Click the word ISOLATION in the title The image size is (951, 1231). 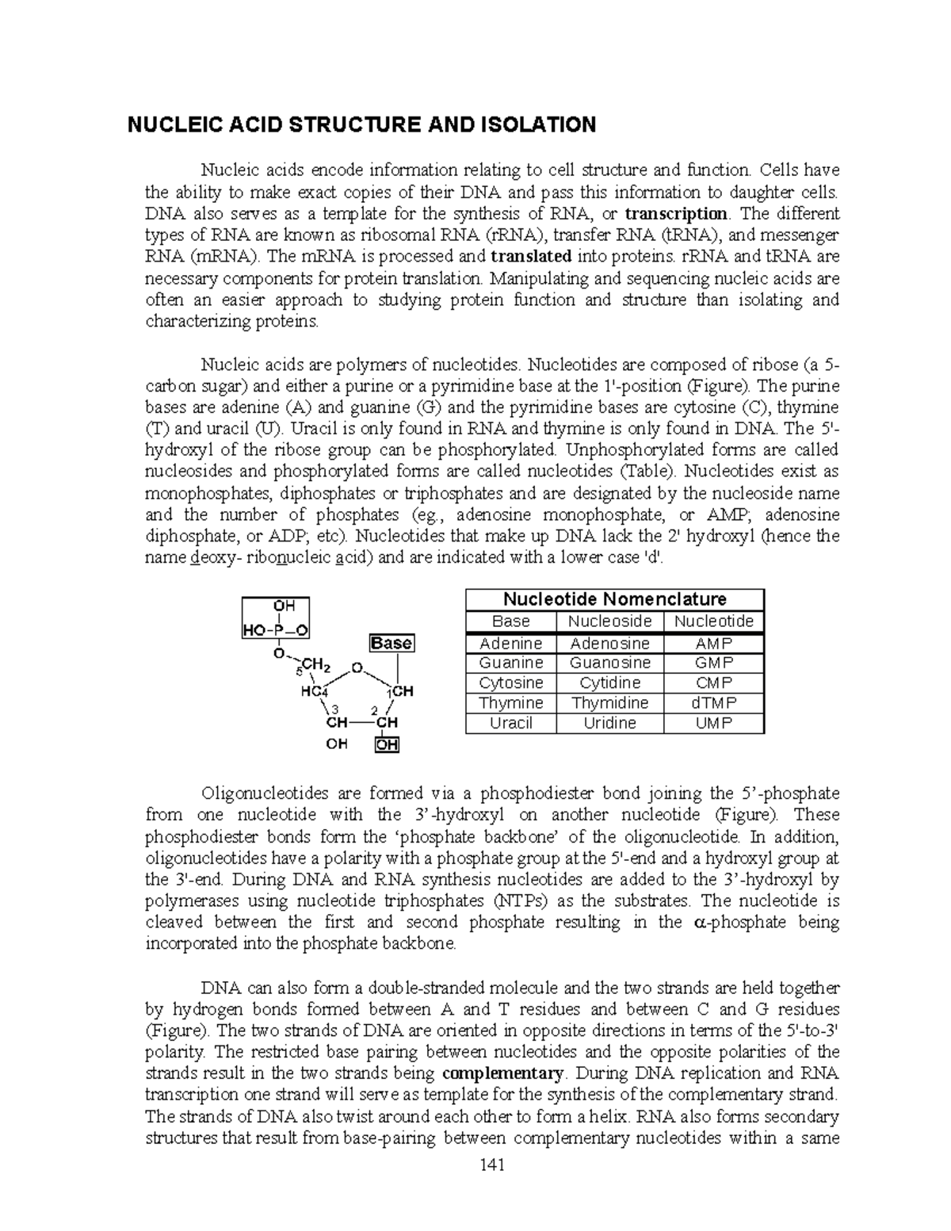(538, 124)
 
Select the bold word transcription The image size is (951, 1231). (676, 214)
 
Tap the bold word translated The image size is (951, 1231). (531, 257)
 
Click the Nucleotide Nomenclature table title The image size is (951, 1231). (615, 599)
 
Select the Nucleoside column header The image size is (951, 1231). (610, 621)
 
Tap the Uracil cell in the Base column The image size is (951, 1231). (511, 723)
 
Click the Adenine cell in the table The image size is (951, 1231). (511, 643)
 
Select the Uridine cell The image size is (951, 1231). (610, 723)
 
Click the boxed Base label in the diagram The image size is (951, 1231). (391, 643)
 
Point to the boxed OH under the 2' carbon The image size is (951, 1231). (388, 744)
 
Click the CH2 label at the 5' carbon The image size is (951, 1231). (316, 663)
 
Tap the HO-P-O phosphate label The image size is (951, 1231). (275, 630)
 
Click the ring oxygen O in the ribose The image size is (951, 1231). (357, 668)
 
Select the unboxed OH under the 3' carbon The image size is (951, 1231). (337, 744)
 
